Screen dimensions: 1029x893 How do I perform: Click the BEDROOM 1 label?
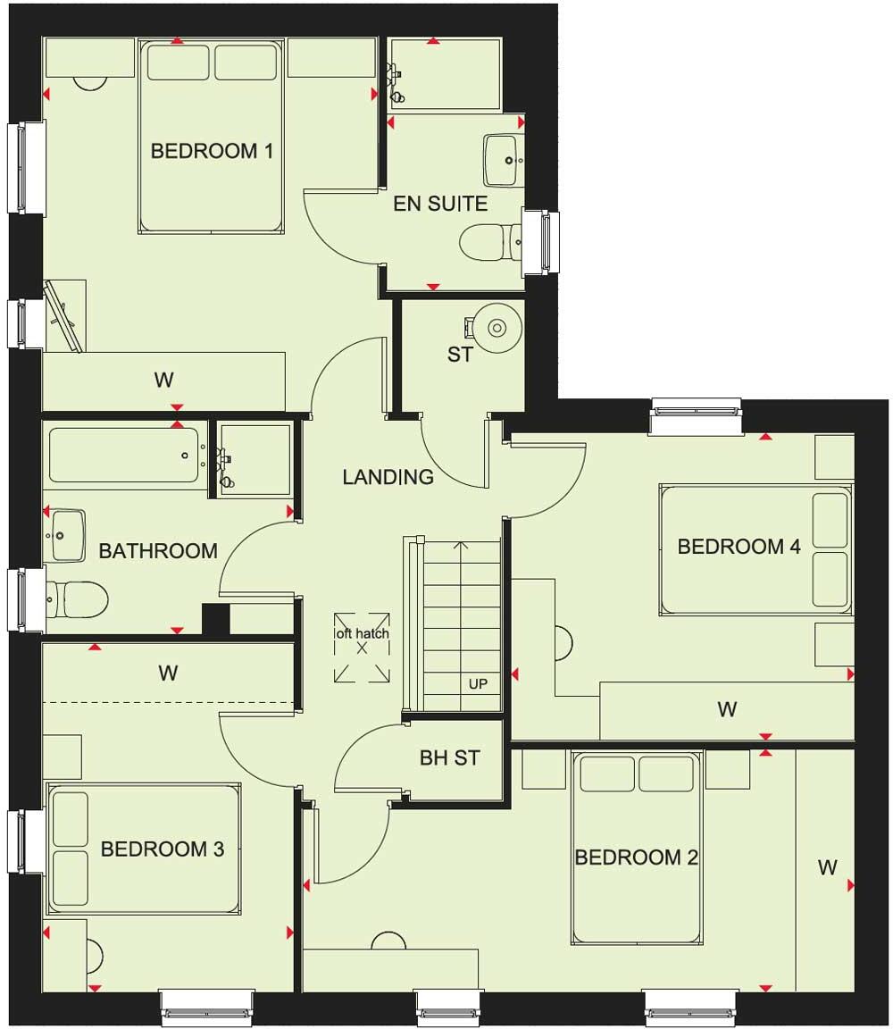pos(212,151)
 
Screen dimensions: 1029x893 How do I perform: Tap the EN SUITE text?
pos(441,204)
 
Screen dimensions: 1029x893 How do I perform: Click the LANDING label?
pos(388,477)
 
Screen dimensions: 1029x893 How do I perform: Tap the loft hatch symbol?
pos(362,646)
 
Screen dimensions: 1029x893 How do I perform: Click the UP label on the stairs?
pos(478,684)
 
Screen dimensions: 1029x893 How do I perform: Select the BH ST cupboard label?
pos(449,758)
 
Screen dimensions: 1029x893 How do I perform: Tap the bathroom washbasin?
pos(66,533)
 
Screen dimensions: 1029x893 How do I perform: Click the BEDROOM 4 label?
pos(739,547)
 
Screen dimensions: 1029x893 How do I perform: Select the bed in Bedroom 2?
pos(634,847)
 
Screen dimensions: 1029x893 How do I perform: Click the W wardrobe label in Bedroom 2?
pos(827,866)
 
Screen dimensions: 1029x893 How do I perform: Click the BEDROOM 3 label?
pos(162,849)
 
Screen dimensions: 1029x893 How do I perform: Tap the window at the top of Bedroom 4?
pos(696,416)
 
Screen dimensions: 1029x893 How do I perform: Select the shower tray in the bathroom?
pos(255,458)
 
